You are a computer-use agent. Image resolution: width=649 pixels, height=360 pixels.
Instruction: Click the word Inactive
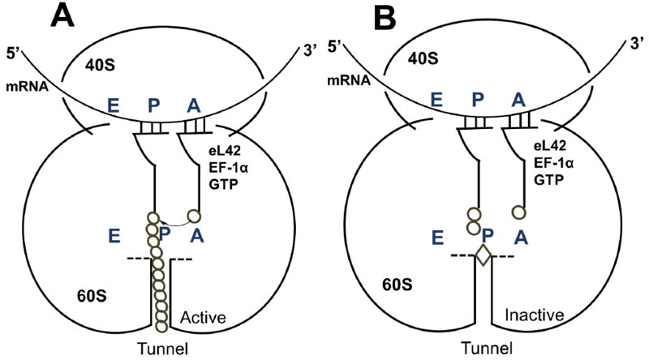527,313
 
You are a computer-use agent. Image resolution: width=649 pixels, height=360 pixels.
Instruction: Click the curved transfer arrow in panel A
174,220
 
